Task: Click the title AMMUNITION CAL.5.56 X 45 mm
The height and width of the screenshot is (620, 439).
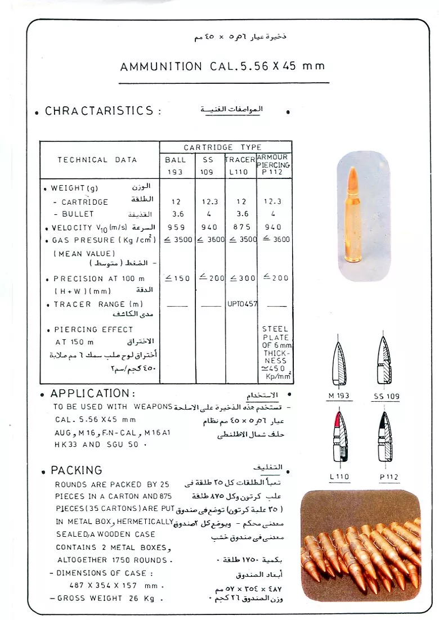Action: click(222, 66)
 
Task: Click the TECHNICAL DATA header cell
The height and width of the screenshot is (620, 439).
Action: click(97, 160)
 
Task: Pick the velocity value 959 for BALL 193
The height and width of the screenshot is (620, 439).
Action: click(176, 228)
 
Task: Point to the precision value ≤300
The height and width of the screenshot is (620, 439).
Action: click(241, 278)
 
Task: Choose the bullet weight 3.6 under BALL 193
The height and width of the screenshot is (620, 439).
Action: click(176, 214)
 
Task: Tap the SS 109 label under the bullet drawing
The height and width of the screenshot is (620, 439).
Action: click(387, 397)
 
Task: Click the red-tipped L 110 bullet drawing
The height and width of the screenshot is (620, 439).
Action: click(339, 442)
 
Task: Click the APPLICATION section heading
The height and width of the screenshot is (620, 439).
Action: click(92, 393)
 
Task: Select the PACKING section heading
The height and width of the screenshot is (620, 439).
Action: click(76, 470)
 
